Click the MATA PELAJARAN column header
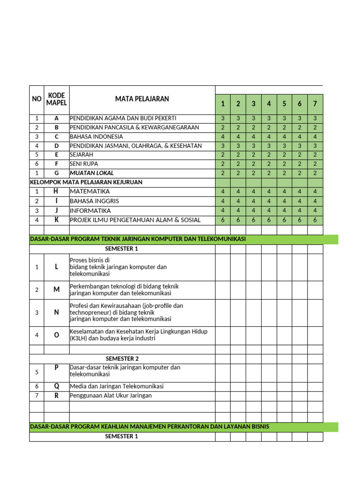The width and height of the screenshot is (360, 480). pyautogui.click(x=142, y=99)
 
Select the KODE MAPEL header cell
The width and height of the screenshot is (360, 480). pyautogui.click(x=56, y=99)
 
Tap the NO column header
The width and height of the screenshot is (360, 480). pyautogui.click(x=37, y=99)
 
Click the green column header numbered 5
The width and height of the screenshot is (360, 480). pyautogui.click(x=284, y=104)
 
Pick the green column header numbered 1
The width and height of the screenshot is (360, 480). pyautogui.click(x=223, y=104)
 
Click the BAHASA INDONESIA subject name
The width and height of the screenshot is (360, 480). pyautogui.click(x=97, y=137)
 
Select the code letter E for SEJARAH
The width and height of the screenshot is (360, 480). pyautogui.click(x=56, y=155)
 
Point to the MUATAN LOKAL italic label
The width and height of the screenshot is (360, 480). pyautogui.click(x=92, y=173)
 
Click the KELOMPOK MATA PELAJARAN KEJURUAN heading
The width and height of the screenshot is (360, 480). pyautogui.click(x=86, y=182)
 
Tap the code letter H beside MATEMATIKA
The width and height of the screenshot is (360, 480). pyautogui.click(x=56, y=191)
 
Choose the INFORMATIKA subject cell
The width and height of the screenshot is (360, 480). pyautogui.click(x=90, y=210)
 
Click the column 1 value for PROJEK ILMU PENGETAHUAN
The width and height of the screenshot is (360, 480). pyautogui.click(x=223, y=220)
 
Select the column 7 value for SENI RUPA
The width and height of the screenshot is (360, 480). pyautogui.click(x=315, y=164)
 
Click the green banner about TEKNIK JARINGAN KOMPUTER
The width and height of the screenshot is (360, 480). pyautogui.click(x=138, y=240)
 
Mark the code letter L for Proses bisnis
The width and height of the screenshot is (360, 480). pyautogui.click(x=56, y=267)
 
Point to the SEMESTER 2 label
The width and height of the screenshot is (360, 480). pyautogui.click(x=122, y=359)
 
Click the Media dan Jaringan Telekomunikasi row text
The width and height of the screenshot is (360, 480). pyautogui.click(x=117, y=386)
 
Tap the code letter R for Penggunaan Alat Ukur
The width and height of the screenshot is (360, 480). pyautogui.click(x=56, y=396)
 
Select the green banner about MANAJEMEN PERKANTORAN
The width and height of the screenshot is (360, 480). pyautogui.click(x=150, y=427)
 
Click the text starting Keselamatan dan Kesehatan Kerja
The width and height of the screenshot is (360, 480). pyautogui.click(x=138, y=335)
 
